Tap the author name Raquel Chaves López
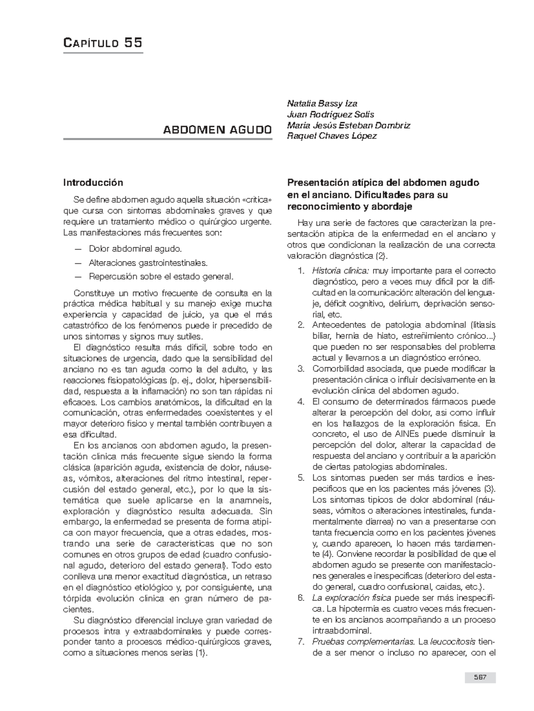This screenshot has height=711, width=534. click(332, 136)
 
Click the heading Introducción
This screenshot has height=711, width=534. click(93, 182)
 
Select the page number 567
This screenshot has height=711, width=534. click(479, 678)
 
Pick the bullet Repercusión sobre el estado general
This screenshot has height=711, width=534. click(161, 276)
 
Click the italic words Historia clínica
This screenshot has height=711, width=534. click(341, 270)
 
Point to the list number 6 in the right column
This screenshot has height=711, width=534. click(300, 598)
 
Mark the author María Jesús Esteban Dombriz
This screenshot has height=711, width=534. click(348, 125)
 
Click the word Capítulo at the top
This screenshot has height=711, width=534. click(91, 43)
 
